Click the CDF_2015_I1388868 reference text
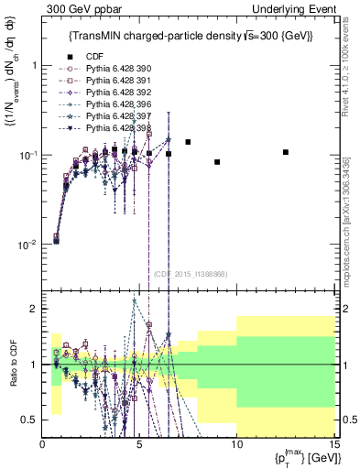coord(191,274)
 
